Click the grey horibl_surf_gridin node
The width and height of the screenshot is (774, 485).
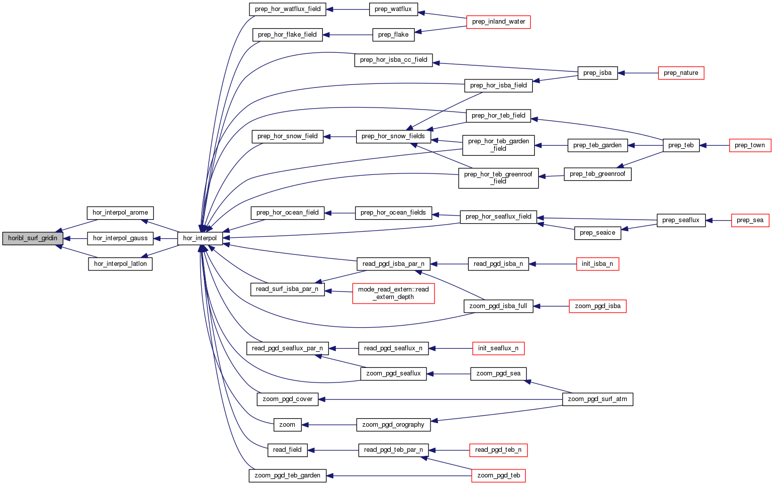click(33, 238)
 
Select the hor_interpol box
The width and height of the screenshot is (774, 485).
click(200, 238)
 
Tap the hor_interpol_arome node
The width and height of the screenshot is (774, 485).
click(120, 213)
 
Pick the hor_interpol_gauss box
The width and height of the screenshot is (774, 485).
click(120, 238)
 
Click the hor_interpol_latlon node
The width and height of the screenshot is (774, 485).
click(120, 264)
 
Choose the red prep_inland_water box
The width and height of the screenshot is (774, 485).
click(498, 22)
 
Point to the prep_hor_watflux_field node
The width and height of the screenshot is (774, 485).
click(288, 9)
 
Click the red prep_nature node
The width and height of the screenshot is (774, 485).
click(680, 73)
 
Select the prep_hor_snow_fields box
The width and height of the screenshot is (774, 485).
click(393, 136)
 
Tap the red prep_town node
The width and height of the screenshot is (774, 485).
click(749, 145)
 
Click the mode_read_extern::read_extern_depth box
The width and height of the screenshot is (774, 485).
click(393, 293)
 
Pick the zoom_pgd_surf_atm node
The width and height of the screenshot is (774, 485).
click(597, 399)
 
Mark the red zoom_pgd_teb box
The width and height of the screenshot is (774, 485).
click(498, 475)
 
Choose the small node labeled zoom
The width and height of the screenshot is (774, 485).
click(287, 425)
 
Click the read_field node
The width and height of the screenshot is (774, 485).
click(287, 450)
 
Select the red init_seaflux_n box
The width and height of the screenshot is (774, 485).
click(498, 348)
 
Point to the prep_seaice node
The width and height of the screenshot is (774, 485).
click(597, 233)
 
